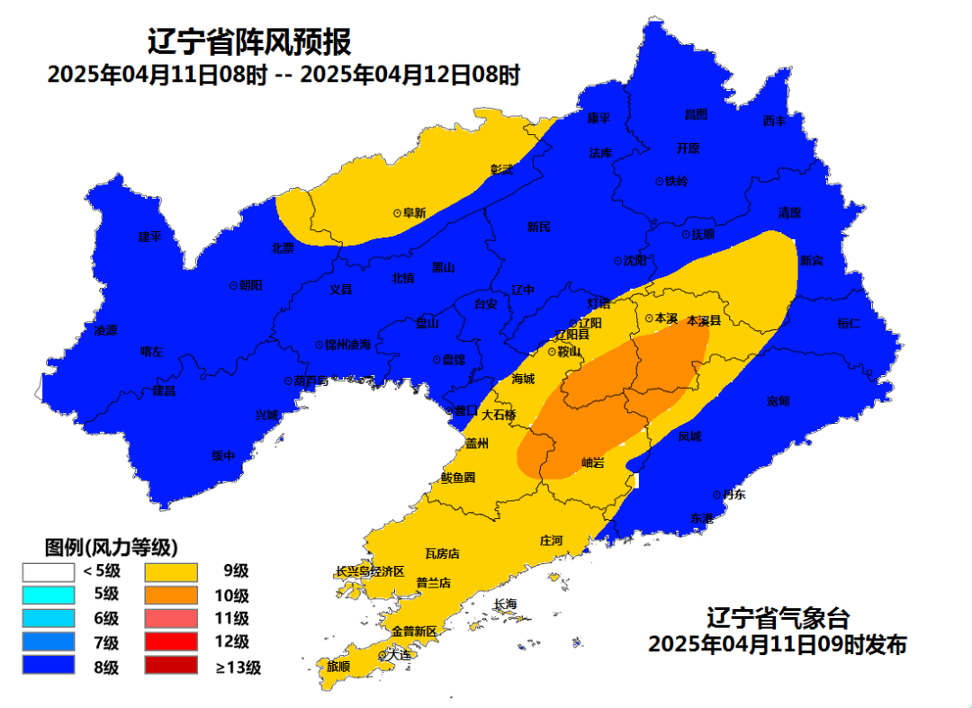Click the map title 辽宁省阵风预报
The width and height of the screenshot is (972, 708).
[249, 41]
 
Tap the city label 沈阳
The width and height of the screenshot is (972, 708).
[634, 261]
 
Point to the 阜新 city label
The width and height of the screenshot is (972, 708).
[414, 213]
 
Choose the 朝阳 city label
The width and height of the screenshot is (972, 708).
[250, 284]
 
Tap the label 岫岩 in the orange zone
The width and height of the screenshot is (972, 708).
[593, 462]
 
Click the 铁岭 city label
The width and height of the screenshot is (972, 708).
[676, 181]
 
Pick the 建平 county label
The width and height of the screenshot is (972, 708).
[149, 237]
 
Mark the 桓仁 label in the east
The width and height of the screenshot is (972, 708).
[849, 323]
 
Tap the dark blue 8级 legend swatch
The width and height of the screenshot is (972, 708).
[49, 667]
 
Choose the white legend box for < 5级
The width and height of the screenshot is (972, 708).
[49, 570]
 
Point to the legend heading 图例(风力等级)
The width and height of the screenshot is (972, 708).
[111, 547]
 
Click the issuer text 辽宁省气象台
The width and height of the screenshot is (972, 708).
[778, 619]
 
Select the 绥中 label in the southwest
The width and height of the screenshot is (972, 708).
[223, 456]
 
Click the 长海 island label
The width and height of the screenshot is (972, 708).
[506, 604]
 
